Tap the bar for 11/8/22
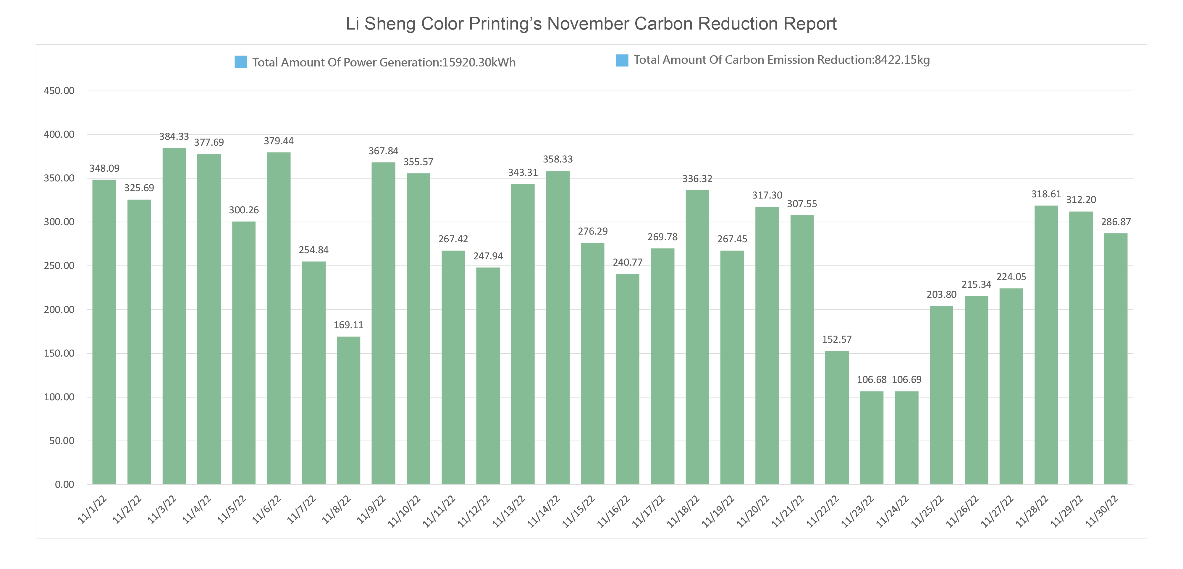(x=349, y=410)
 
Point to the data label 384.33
(x=174, y=137)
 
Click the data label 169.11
(x=349, y=325)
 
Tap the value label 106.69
(x=906, y=380)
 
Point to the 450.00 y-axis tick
(x=59, y=91)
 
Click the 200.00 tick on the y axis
(x=59, y=310)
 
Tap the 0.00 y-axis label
(x=64, y=485)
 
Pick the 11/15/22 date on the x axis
(x=579, y=511)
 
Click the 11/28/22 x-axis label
(x=1032, y=511)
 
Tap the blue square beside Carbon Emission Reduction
(x=622, y=60)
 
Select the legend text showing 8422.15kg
(x=782, y=60)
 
